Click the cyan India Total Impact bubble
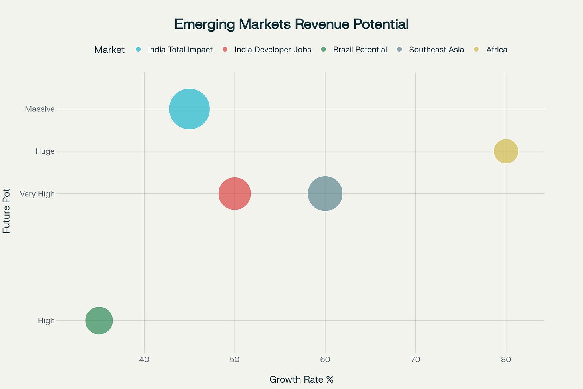pos(189,109)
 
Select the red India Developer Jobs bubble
pos(235,193)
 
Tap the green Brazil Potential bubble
pos(99,320)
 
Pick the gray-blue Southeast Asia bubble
pos(325,193)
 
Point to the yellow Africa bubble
pos(506,151)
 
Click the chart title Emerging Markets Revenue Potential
pos(291,24)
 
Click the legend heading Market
pos(109,50)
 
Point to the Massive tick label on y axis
pos(40,109)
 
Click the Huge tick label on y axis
pos(45,151)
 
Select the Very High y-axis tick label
pos(37,194)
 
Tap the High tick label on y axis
pos(46,320)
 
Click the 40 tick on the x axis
pos(144,360)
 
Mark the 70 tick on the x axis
pos(416,360)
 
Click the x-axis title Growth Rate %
pos(302,379)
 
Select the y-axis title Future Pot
pos(7,211)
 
